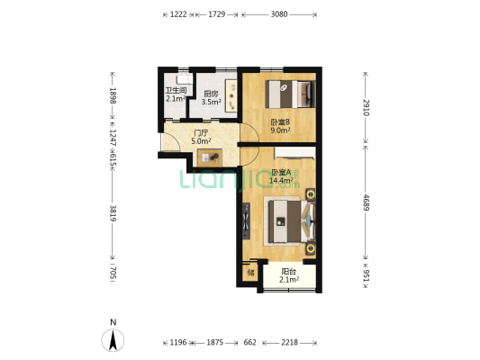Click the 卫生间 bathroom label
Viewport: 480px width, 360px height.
(176, 90)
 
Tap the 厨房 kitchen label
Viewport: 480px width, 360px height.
(212, 94)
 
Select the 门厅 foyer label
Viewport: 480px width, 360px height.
(201, 133)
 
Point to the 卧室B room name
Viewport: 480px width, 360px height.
(280, 122)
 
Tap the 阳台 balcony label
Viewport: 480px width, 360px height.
(289, 271)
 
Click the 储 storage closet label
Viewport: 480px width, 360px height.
(250, 272)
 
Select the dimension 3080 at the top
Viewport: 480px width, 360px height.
(279, 14)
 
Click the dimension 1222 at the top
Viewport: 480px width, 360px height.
(178, 14)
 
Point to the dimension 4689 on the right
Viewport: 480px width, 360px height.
(367, 202)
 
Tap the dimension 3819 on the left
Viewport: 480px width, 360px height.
(113, 213)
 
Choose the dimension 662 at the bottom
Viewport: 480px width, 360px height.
(249, 342)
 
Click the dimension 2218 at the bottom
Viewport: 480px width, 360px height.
(289, 342)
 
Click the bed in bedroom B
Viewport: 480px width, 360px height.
(290, 94)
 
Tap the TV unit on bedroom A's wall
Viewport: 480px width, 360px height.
(246, 220)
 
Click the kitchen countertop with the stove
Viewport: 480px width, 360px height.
(231, 95)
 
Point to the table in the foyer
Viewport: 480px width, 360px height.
(210, 157)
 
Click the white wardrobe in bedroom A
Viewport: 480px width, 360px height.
(294, 153)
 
